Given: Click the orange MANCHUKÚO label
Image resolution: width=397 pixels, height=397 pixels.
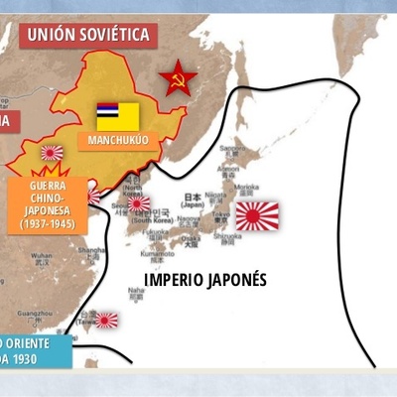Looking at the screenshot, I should (117, 140).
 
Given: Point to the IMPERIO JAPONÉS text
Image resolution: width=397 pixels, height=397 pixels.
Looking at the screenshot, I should (205, 279).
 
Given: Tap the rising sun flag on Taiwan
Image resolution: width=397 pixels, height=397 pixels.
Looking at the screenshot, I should (105, 321).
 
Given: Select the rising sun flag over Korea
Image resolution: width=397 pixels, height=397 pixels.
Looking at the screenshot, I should (138, 203).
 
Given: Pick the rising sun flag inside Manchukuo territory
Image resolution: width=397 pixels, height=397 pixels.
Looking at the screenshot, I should (51, 153).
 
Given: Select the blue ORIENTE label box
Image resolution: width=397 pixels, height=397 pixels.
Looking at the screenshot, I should (36, 349).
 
